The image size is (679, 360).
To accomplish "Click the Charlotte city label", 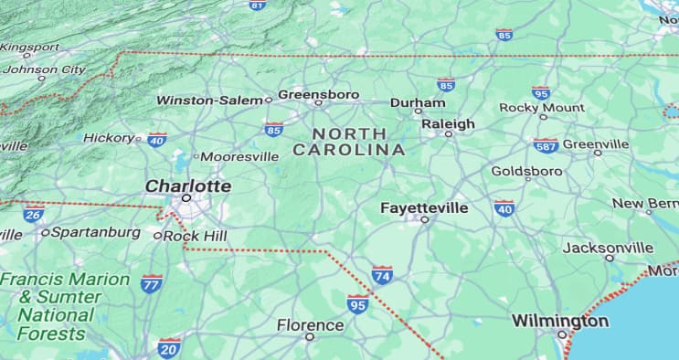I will coord(188,185).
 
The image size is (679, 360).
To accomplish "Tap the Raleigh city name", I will coord(448,123).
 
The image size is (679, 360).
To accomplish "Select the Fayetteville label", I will coord(424,208).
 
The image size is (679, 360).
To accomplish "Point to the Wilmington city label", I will coord(559,321).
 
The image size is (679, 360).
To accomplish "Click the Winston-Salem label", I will coord(209,100).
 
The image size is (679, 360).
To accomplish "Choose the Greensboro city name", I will coord(318,94).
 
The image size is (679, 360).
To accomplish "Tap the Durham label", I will coord(418,102).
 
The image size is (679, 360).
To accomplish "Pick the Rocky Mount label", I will coord(542,107).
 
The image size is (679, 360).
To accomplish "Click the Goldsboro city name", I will coord(526,171).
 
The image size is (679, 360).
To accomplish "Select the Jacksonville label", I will coord(608,248).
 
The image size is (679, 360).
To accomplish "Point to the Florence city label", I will coord(311,324).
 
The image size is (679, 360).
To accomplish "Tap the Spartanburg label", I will coord(96,232).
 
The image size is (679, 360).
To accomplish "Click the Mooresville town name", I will coord(239,156).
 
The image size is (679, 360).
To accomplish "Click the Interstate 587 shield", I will coord(546,145).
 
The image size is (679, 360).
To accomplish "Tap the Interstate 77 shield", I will coord(152,283).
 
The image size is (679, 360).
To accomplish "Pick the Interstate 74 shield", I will coord(382,275).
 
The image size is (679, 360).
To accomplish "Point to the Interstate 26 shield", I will coord(33,215).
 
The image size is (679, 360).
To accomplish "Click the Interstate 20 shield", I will coord(168,346).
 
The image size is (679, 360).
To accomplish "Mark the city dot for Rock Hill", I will coord(157,236).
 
